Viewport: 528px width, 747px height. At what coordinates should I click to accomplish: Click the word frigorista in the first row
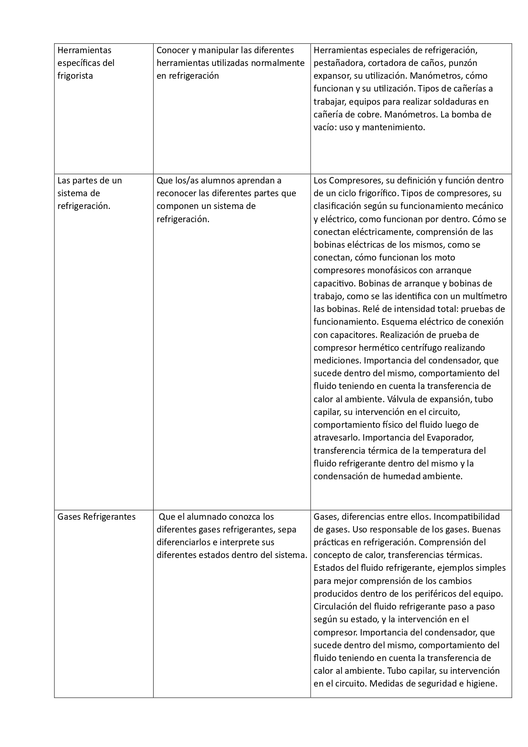[x=75, y=76]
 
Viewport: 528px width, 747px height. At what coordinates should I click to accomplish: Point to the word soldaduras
[x=454, y=102]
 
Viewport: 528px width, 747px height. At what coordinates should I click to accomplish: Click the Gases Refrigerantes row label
[x=97, y=517]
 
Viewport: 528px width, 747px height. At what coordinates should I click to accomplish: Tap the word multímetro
[x=485, y=296]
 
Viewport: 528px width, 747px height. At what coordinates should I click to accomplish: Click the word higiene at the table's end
[x=481, y=684]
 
